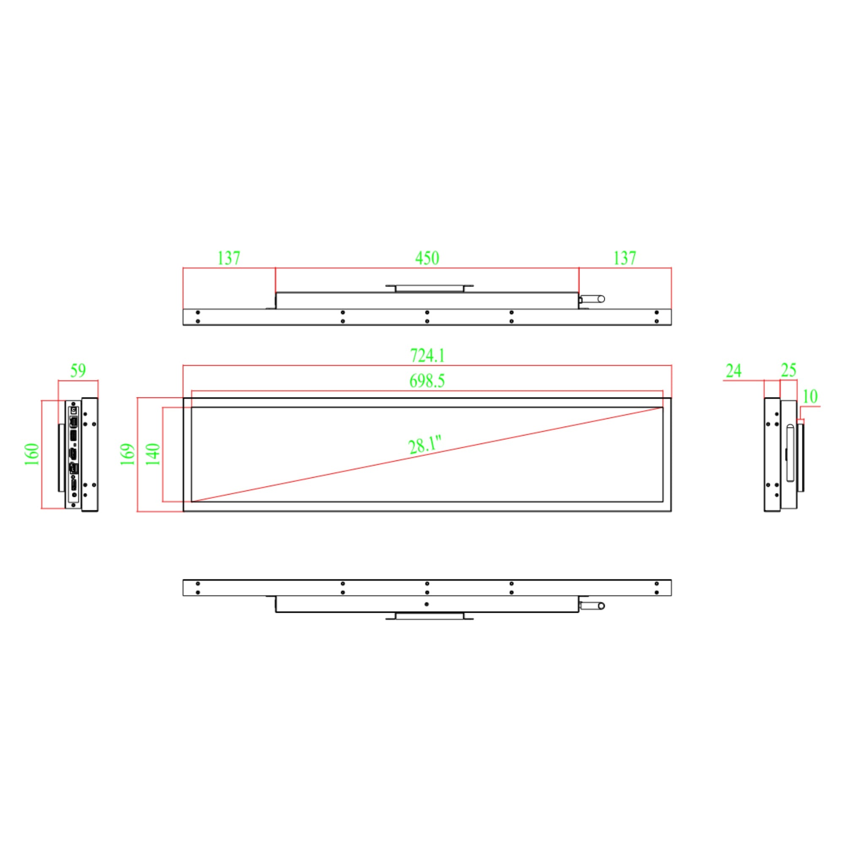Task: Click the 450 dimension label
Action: (x=427, y=258)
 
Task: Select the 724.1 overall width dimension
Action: (x=427, y=356)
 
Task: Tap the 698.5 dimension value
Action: (x=427, y=381)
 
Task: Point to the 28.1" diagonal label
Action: (x=424, y=445)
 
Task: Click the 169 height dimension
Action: (x=127, y=454)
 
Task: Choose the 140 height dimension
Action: (x=153, y=454)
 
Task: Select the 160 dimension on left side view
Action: (x=32, y=454)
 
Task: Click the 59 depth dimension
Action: (x=78, y=371)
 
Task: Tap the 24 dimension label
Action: (x=733, y=371)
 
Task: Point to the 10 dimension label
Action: (x=810, y=397)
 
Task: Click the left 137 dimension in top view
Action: (x=229, y=258)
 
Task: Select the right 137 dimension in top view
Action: (x=625, y=258)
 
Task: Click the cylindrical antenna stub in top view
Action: (x=593, y=299)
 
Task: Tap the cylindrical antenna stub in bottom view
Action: (x=593, y=606)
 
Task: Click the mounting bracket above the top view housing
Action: (x=429, y=288)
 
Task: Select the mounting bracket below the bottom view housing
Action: (x=429, y=617)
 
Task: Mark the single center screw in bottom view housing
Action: (x=426, y=604)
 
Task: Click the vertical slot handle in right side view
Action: (x=790, y=453)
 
